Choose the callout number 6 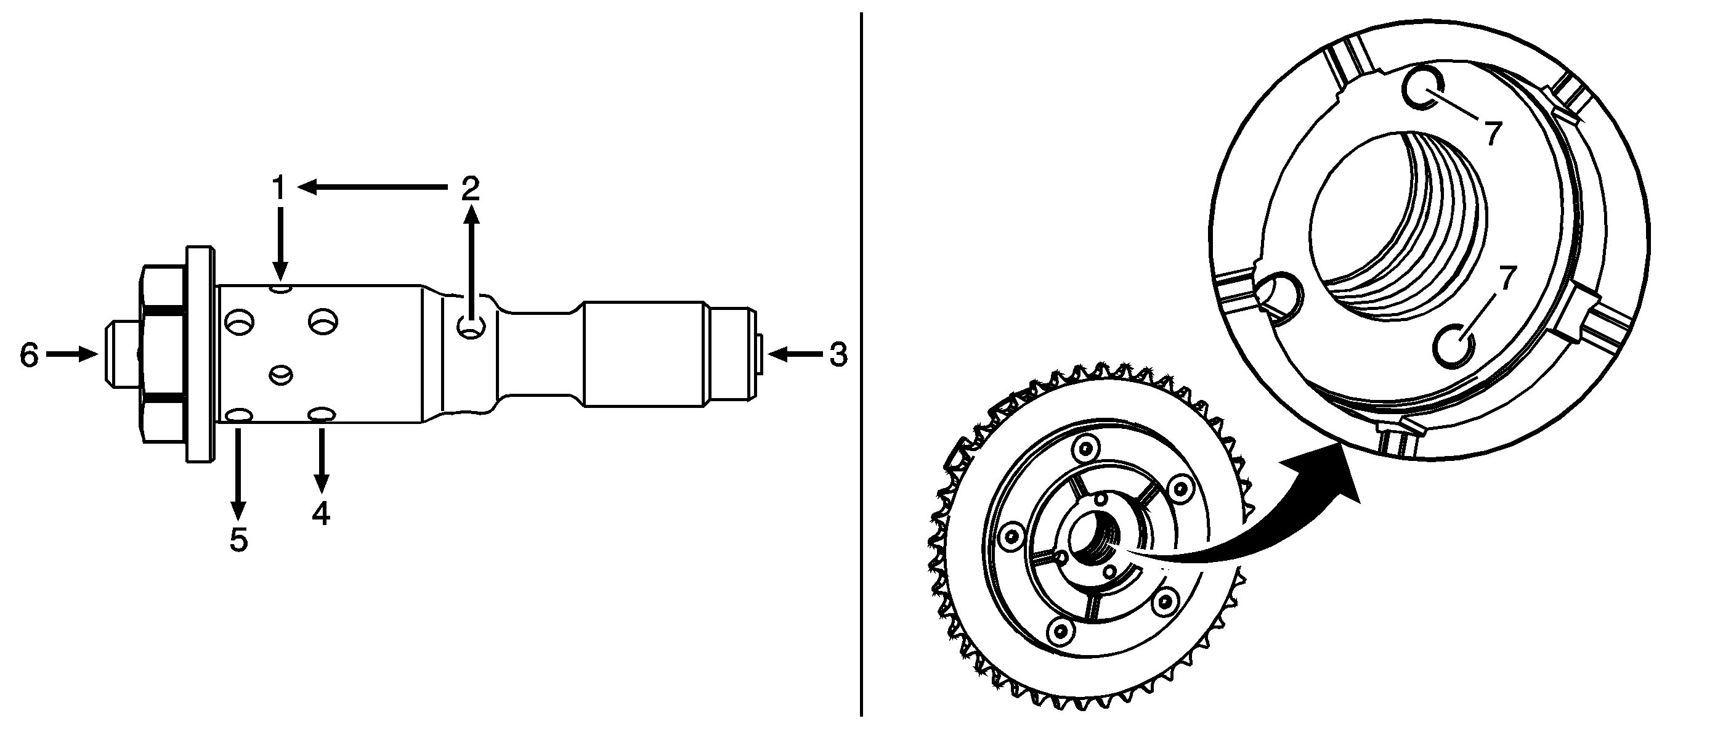29,355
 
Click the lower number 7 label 1505,278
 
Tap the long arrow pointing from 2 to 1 372,188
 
